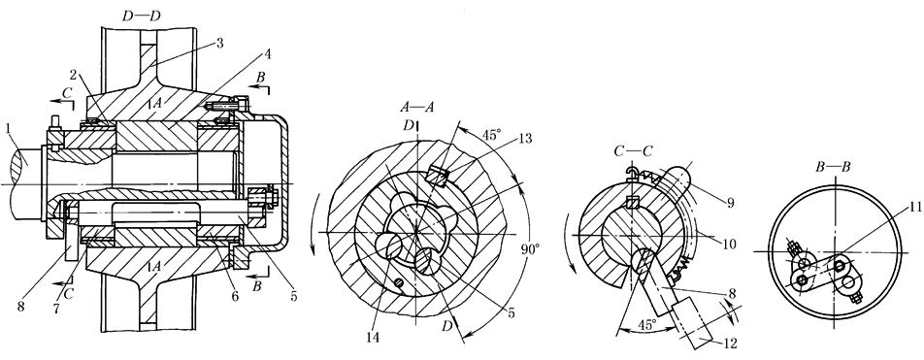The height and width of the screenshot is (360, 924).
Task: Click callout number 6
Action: pyautogui.click(x=235, y=296)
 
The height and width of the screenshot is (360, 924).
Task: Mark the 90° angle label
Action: pyautogui.click(x=530, y=249)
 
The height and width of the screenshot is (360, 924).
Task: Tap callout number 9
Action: pyautogui.click(x=730, y=203)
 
